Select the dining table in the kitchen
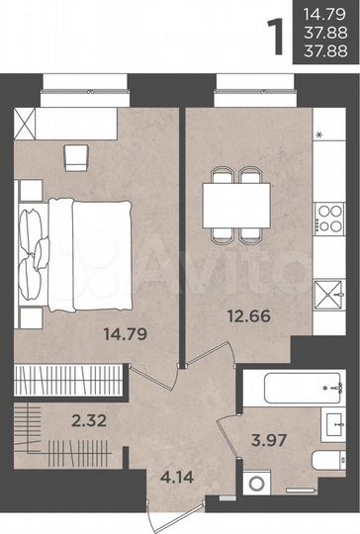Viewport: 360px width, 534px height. [235, 204]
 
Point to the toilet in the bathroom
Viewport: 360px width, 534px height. [323, 461]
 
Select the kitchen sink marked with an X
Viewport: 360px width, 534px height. [327, 294]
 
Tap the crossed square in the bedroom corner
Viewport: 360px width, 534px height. [28, 125]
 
